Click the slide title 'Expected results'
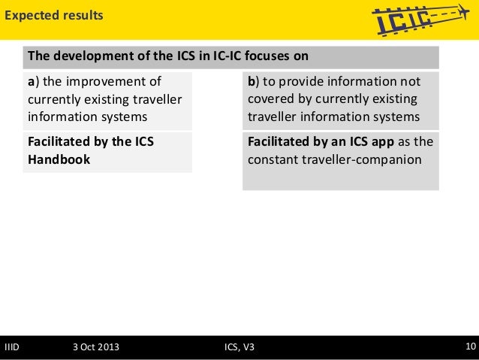click(x=52, y=15)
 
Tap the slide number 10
click(x=470, y=346)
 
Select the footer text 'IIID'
click(x=12, y=346)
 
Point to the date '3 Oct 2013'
click(x=95, y=346)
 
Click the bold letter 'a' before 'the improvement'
click(x=31, y=81)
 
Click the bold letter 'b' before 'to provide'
click(x=251, y=81)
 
